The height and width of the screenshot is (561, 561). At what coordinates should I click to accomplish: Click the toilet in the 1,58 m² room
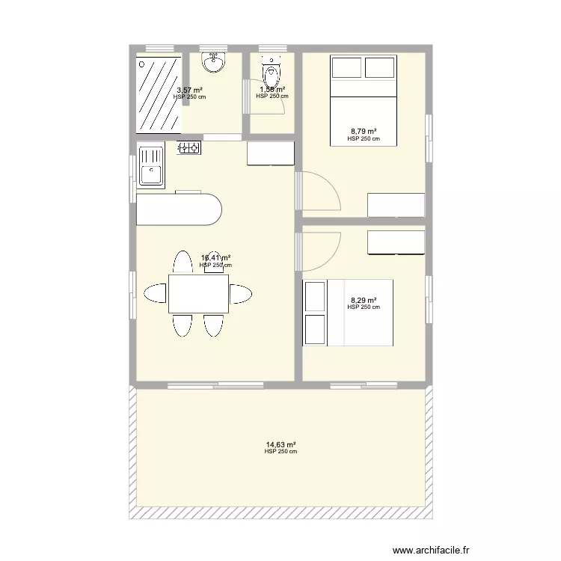tap(271, 74)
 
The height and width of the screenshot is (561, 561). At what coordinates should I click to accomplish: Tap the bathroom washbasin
tap(215, 63)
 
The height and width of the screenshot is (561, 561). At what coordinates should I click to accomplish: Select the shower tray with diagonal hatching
tap(157, 93)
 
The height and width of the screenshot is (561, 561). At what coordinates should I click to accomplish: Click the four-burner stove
tap(189, 148)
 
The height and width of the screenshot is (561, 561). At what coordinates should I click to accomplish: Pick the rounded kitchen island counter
tap(180, 210)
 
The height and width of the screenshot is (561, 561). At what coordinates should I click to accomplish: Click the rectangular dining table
tap(198, 294)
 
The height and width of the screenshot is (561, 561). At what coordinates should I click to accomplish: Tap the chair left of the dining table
tap(156, 293)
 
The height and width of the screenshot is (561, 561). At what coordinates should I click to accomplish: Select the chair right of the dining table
tap(241, 294)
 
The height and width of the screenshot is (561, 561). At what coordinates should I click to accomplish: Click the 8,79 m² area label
tap(364, 131)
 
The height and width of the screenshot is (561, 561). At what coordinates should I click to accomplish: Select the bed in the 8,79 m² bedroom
tap(363, 101)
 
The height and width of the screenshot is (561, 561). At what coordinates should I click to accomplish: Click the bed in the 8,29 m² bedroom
tap(348, 313)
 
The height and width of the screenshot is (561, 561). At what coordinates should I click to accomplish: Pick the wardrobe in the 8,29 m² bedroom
tap(396, 242)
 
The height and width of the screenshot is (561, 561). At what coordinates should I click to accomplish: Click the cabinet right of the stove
tap(271, 153)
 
